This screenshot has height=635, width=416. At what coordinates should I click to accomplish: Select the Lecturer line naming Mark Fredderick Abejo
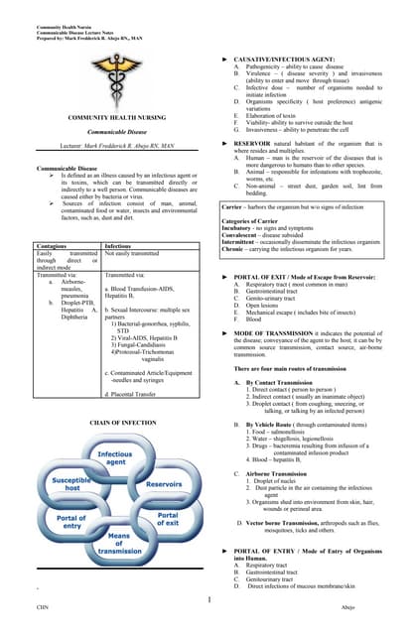(103, 145)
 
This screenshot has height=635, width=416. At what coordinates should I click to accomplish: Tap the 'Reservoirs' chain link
(164, 484)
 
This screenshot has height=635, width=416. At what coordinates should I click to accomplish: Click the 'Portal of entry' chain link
(71, 523)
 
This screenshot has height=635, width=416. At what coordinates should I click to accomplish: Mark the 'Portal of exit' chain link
(166, 522)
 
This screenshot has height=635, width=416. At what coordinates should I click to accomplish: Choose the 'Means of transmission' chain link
(118, 545)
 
